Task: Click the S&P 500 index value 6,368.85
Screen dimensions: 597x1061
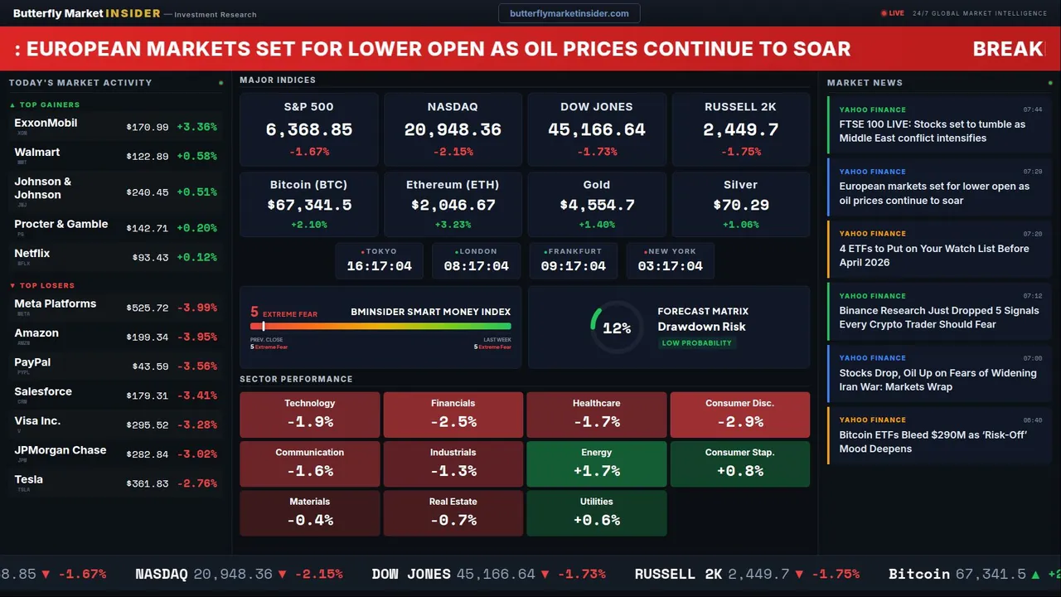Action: click(308, 129)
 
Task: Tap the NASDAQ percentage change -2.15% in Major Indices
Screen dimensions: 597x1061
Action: click(453, 152)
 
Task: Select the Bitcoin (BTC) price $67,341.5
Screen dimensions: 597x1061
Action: click(308, 205)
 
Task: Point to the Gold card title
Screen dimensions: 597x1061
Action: click(596, 185)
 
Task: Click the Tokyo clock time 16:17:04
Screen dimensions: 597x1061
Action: click(379, 266)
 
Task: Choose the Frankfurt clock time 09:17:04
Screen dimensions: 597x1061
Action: click(573, 266)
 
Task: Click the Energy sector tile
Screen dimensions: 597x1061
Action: click(596, 464)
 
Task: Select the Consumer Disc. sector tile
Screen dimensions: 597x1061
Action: click(739, 415)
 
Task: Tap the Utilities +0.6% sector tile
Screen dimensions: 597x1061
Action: click(596, 513)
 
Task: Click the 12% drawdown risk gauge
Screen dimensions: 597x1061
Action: click(616, 328)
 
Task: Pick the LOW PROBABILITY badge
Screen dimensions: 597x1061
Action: click(696, 343)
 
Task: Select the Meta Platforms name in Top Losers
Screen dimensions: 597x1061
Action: click(56, 303)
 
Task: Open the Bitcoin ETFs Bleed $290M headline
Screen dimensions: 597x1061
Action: click(933, 442)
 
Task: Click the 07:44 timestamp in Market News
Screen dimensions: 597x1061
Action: click(1032, 109)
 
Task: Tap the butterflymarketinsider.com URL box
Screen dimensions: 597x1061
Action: click(569, 13)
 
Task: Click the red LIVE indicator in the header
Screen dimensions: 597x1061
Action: click(893, 13)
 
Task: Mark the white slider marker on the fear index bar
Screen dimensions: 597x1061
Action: click(264, 326)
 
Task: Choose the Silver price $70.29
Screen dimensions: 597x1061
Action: click(740, 205)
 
